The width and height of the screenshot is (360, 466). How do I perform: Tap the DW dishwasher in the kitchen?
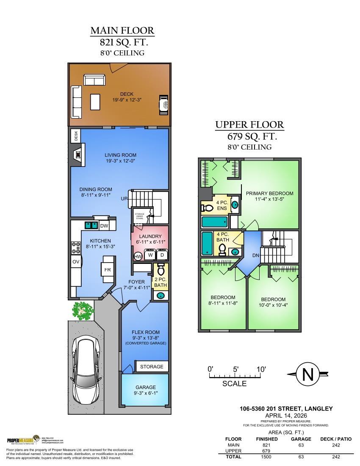[x=104, y=226]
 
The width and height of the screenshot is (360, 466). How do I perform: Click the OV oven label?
[x=76, y=262]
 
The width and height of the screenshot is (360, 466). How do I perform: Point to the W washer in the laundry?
[x=150, y=255]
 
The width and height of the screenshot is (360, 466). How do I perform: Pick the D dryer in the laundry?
[x=162, y=255]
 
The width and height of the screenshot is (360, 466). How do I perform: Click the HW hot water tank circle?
[x=138, y=256]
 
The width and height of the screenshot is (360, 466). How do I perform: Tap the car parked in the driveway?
[x=86, y=372]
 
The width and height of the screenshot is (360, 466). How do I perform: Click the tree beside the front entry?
[x=82, y=311]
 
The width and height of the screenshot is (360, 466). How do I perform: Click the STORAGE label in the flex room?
[x=152, y=366]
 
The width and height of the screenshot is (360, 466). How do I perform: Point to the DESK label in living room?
[x=76, y=136]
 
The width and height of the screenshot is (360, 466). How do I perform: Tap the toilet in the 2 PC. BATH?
[x=161, y=270]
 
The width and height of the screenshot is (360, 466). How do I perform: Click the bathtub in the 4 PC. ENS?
[x=214, y=222]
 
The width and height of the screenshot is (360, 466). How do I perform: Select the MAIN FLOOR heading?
[x=122, y=31]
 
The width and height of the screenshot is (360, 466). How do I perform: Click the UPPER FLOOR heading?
[x=249, y=125]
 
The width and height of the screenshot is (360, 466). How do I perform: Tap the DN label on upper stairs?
[x=255, y=255]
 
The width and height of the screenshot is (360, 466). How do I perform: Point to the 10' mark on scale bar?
[x=261, y=369]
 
